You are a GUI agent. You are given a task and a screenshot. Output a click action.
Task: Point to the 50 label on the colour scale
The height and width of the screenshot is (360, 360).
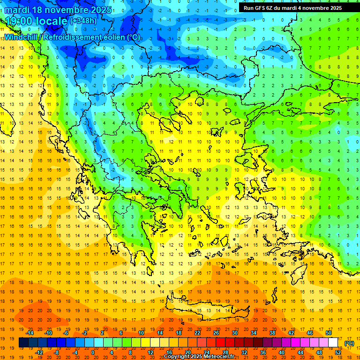click(329, 333)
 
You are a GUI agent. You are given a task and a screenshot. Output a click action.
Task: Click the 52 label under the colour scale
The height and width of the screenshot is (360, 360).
click(338, 352)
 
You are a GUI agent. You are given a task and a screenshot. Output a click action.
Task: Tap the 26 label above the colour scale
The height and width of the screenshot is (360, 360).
click(216, 333)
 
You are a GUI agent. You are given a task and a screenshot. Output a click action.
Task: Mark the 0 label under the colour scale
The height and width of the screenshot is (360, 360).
click(93, 352)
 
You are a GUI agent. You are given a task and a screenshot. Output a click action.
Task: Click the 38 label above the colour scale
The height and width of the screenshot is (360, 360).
click(272, 333)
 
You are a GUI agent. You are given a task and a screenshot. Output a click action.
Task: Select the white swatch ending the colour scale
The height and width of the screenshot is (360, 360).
click(333, 343)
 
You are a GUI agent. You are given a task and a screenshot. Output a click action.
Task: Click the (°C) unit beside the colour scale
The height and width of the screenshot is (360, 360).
click(349, 343)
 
